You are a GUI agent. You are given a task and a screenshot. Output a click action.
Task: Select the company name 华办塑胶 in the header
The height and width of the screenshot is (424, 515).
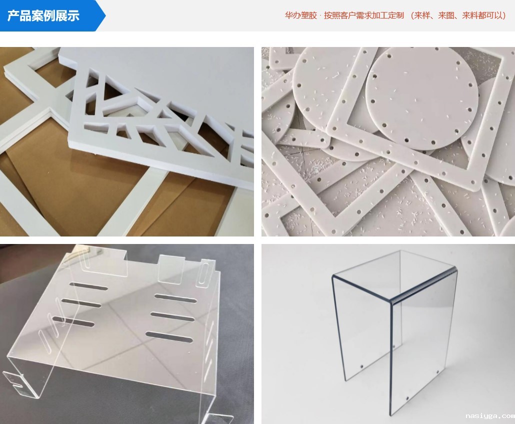300,15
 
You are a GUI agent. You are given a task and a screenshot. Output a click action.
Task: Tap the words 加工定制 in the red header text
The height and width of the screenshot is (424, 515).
389,15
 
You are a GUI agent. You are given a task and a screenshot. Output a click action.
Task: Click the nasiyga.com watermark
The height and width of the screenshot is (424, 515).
489,416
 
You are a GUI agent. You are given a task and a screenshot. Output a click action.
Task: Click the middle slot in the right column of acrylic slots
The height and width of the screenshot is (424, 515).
172,317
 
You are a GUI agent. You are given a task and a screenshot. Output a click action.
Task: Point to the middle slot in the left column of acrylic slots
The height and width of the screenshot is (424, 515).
81,303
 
